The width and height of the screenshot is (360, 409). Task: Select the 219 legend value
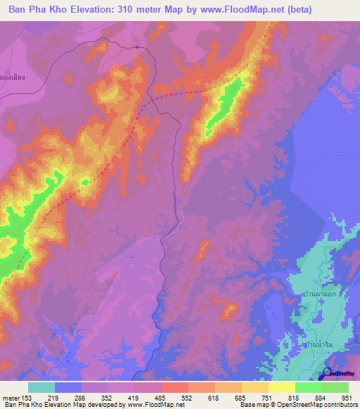pos(53,398)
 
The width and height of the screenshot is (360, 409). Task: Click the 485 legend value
pos(161,398)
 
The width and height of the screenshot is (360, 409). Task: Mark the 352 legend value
pos(108,398)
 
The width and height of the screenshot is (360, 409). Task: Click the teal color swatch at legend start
pos(41,387)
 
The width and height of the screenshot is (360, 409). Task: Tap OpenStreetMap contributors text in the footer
pos(321,405)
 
